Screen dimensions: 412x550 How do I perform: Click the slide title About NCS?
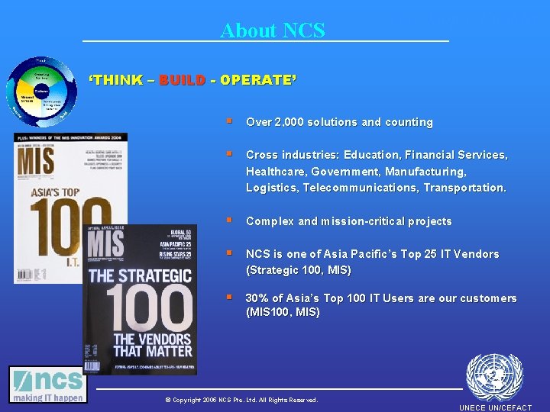[273, 31]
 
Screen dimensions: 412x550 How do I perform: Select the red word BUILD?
[182, 80]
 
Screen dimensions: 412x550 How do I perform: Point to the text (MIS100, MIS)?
[283, 312]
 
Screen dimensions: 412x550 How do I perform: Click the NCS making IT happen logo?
[47, 385]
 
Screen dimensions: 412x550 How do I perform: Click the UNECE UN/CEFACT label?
[495, 407]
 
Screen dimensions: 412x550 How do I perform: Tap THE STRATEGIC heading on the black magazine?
[141, 275]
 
